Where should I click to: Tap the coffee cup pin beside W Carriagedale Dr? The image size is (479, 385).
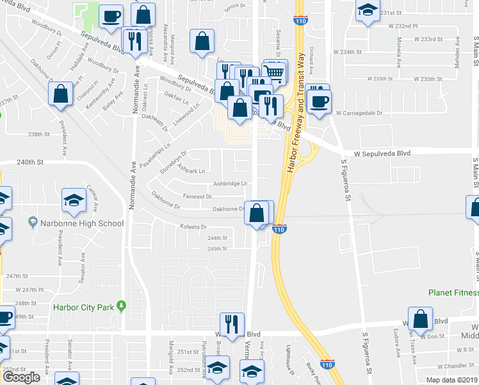pos(318,101)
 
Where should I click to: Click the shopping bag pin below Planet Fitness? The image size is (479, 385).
pos(420,319)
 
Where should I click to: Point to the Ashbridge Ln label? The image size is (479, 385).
pos(231,184)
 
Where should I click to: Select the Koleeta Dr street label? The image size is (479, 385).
pos(194,227)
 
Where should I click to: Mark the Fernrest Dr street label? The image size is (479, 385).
pos(197,196)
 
